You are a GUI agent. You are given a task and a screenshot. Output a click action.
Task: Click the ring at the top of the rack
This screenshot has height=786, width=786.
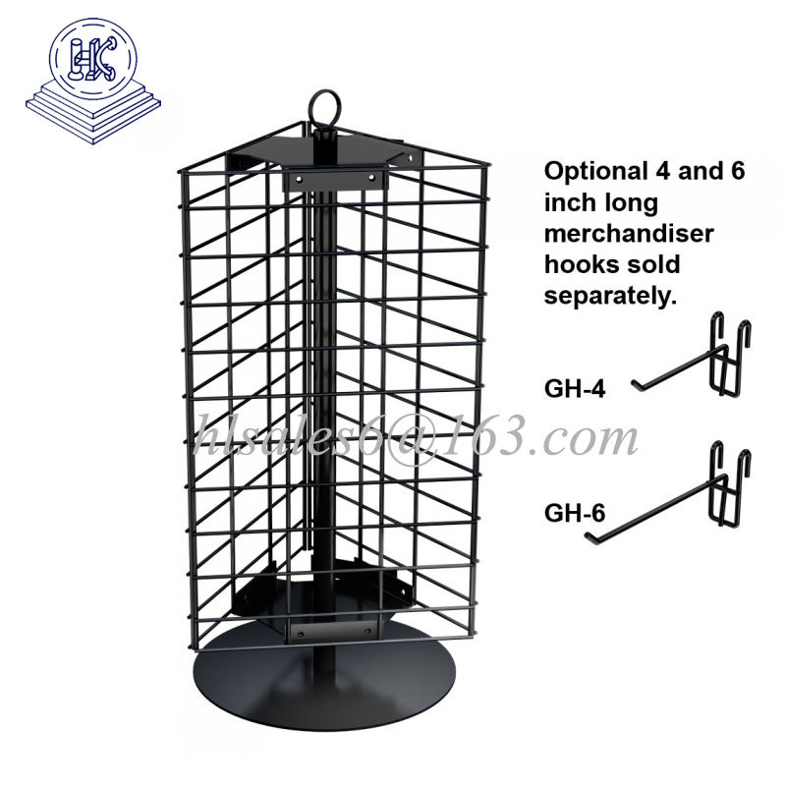click(325, 106)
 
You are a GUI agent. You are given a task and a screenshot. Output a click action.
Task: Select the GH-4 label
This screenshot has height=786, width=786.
click(575, 388)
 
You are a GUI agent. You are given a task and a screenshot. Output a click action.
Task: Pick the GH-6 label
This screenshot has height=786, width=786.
click(575, 512)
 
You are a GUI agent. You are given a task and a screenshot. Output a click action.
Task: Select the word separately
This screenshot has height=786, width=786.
click(610, 297)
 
